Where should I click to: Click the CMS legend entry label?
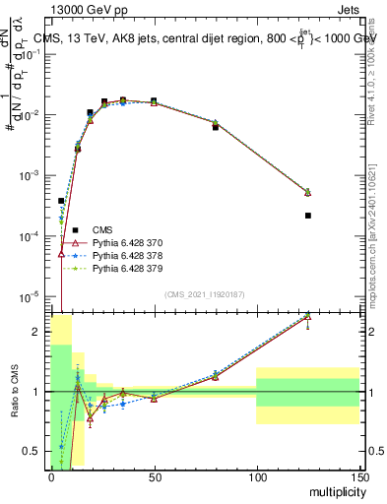[102, 229]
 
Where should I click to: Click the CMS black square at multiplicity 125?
[308, 216]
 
